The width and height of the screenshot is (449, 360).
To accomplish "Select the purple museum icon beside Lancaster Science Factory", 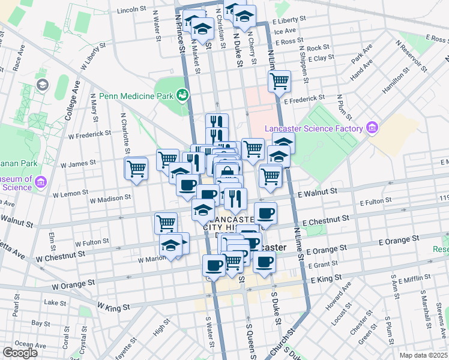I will [372, 128].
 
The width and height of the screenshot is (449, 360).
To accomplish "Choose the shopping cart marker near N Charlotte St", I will [136, 168].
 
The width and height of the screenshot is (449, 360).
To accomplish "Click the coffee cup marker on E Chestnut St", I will [265, 213].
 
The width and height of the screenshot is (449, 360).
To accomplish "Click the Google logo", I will [19, 353].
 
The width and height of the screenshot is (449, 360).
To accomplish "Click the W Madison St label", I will [111, 197].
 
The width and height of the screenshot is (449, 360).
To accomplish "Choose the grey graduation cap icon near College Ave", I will [42, 85].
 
